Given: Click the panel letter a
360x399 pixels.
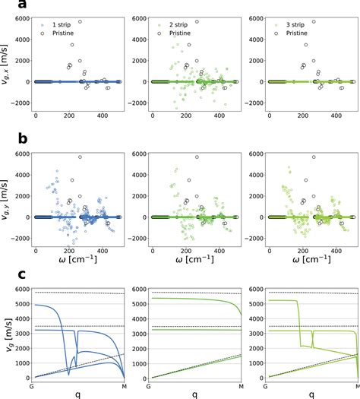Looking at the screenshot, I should pos(6,5).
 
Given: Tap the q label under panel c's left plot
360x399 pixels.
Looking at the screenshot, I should pos(78,394).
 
